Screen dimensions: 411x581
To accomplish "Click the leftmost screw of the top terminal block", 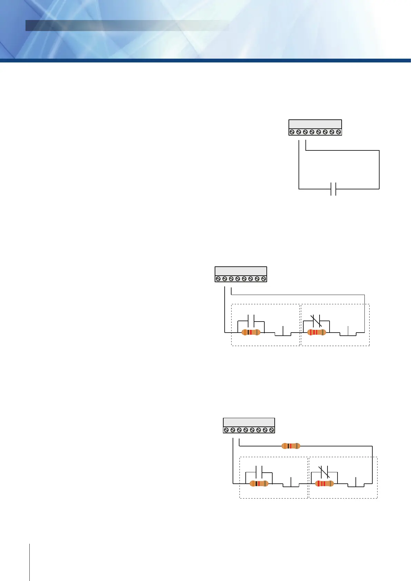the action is coord(292,132).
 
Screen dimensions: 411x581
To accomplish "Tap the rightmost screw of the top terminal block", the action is coord(339,132).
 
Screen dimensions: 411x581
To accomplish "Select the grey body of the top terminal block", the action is coord(315,124).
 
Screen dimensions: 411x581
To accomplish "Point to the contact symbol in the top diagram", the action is coord(333,189).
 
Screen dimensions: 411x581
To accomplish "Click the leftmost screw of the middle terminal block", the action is coord(218,279).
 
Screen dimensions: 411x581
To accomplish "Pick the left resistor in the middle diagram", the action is coord(251,332).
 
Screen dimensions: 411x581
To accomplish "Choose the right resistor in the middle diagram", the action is coord(316,332).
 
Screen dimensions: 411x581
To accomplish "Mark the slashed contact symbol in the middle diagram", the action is coord(316,321).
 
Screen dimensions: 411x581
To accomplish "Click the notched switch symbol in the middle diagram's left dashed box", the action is coord(283,333).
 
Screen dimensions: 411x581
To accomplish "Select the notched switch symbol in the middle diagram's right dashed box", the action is coord(348,333).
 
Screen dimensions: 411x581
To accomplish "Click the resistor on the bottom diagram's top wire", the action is coord(291,446).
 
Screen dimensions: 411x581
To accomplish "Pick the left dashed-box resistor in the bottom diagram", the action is coord(259,483).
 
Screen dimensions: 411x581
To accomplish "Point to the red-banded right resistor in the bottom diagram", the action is coord(324,483).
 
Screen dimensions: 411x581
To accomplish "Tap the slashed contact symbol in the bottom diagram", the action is coord(324,472).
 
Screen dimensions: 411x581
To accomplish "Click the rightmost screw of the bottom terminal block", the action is coord(272,430).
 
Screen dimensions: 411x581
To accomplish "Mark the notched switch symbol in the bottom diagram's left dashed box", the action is coord(291,484).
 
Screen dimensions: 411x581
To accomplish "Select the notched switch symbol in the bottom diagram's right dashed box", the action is coord(356,484).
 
